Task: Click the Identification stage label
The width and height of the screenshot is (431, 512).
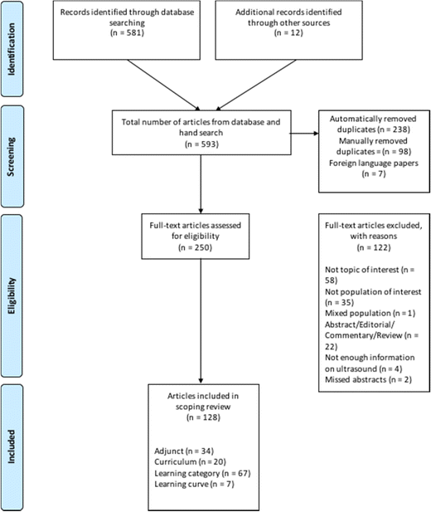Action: click(x=12, y=49)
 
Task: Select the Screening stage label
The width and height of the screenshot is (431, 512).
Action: click(x=12, y=157)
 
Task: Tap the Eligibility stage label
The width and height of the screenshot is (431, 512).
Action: click(x=12, y=296)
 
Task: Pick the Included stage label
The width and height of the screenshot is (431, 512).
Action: click(x=12, y=446)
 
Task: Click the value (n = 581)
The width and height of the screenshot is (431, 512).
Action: click(x=127, y=33)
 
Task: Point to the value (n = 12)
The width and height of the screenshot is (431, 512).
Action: click(x=288, y=33)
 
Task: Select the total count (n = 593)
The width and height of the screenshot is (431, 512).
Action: click(x=201, y=144)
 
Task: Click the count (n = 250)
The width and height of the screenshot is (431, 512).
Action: click(x=195, y=247)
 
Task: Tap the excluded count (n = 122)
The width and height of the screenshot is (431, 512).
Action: click(x=374, y=247)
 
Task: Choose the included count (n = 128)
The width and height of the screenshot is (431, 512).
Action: click(x=203, y=417)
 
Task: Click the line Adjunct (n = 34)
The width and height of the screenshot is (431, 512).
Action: click(x=184, y=451)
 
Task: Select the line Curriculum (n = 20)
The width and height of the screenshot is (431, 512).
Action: click(x=190, y=462)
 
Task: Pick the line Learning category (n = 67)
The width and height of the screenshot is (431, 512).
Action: click(x=202, y=473)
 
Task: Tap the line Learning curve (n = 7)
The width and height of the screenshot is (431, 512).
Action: click(x=195, y=484)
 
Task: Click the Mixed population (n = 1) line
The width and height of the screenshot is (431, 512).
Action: click(x=370, y=313)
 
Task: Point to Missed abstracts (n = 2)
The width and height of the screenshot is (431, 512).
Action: click(x=368, y=380)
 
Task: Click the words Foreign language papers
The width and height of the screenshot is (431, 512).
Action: click(x=374, y=163)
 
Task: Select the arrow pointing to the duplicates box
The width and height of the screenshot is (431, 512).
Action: click(x=304, y=134)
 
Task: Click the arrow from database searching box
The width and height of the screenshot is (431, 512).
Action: click(x=163, y=85)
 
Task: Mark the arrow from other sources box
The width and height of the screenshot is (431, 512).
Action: click(x=256, y=85)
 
